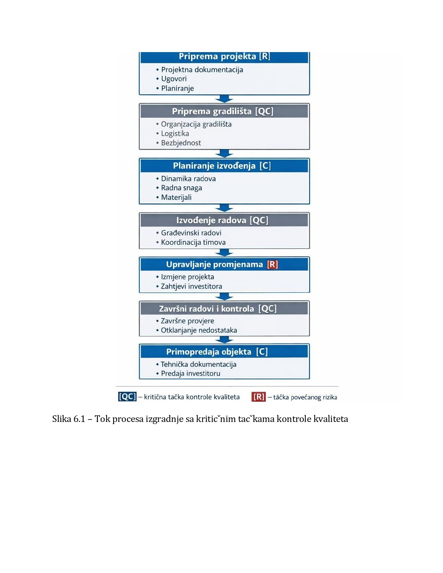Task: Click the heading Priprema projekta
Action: pyautogui.click(x=218, y=57)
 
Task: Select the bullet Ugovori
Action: pyautogui.click(x=174, y=79)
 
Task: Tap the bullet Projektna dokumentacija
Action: pyautogui.click(x=202, y=70)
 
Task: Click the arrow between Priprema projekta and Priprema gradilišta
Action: pyautogui.click(x=224, y=99)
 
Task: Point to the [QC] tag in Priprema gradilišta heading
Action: pyautogui.click(x=264, y=111)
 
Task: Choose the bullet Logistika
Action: pyautogui.click(x=175, y=134)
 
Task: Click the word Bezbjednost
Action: pyautogui.click(x=181, y=143)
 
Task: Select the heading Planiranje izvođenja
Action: pyautogui.click(x=214, y=166)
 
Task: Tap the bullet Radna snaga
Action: pyautogui.click(x=181, y=188)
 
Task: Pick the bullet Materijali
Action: pyautogui.click(x=176, y=197)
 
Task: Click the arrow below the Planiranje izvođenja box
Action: pyautogui.click(x=224, y=208)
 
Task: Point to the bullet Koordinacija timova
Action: pyautogui.click(x=193, y=242)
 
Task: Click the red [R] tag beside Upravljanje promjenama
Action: pyautogui.click(x=273, y=265)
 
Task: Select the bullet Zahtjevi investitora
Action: pyautogui.click(x=191, y=286)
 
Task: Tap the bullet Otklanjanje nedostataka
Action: pyautogui.click(x=199, y=330)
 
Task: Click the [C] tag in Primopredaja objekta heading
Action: pyautogui.click(x=262, y=352)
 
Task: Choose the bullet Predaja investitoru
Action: pyautogui.click(x=190, y=374)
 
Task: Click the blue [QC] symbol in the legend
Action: pyautogui.click(x=127, y=397)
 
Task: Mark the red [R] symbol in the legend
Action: pyautogui.click(x=259, y=397)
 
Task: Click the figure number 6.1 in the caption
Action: pyautogui.click(x=79, y=419)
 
